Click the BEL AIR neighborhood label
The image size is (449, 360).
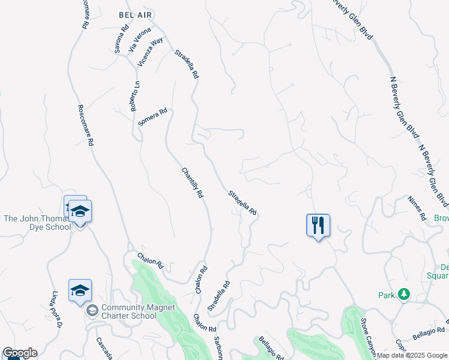click(136, 13)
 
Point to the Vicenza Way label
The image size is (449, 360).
click(150, 52)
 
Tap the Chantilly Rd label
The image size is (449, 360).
click(193, 183)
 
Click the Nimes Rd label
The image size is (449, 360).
click(416, 208)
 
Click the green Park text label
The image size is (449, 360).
click(387, 295)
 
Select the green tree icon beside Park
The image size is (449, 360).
click(404, 294)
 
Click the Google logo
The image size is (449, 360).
click(20, 353)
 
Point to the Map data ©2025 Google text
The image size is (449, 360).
click(412, 355)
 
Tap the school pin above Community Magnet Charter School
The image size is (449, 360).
click(80, 291)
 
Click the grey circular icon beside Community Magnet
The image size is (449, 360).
click(92, 311)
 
